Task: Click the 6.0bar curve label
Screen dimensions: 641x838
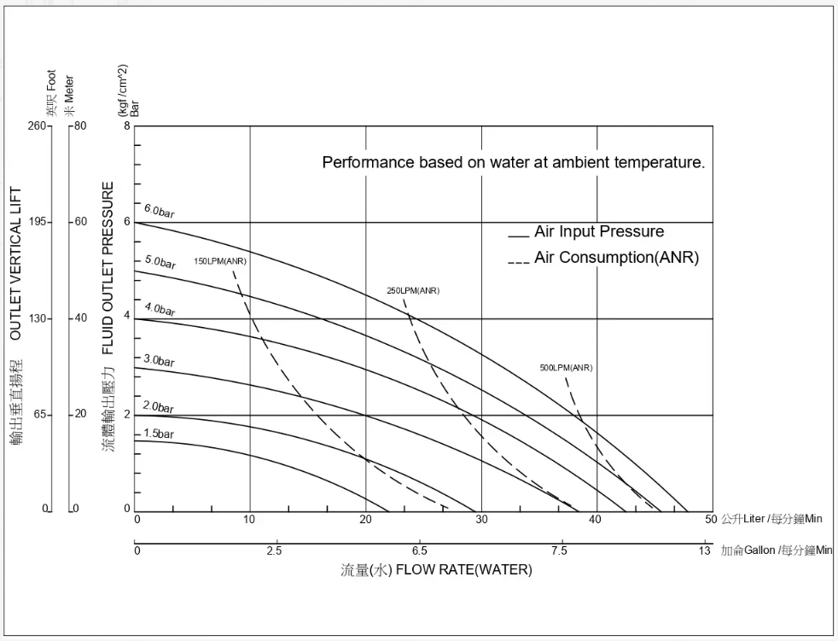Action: point(159,211)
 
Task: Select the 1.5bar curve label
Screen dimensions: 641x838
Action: point(158,434)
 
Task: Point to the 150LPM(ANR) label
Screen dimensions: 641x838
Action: point(220,261)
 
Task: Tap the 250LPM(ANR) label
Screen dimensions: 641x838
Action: point(413,291)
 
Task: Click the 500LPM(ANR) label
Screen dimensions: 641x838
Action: point(566,368)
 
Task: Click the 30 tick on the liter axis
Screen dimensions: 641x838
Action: point(482,519)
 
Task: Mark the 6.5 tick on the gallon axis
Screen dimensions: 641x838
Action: point(418,551)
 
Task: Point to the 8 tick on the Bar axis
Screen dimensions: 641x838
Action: point(127,126)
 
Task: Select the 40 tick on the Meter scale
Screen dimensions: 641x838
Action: point(80,318)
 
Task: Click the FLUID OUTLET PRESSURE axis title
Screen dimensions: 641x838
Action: point(108,268)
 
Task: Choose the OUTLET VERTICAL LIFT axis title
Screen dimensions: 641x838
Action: point(15,264)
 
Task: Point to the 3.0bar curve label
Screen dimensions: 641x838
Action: point(159,361)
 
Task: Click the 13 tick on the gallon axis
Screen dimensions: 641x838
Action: point(705,551)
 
